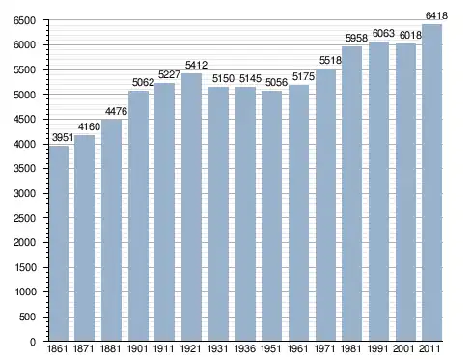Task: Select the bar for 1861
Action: [59, 243]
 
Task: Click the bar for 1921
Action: [191, 208]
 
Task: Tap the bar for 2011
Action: [431, 182]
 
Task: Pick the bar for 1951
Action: [271, 216]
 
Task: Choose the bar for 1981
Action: [351, 194]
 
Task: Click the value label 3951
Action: [63, 138]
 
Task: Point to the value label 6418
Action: [436, 15]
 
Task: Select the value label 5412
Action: [196, 65]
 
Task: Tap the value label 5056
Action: [276, 82]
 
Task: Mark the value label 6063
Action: [383, 33]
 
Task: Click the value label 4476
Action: [116, 111]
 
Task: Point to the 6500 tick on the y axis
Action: [24, 20]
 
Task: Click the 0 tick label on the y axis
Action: [33, 342]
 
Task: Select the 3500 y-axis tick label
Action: [24, 169]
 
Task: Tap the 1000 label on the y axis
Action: [25, 292]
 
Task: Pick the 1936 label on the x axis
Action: [245, 349]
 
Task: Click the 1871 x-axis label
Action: [84, 349]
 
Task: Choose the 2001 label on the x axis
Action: [403, 349]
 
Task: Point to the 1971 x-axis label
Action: [324, 349]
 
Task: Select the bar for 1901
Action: [139, 216]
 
